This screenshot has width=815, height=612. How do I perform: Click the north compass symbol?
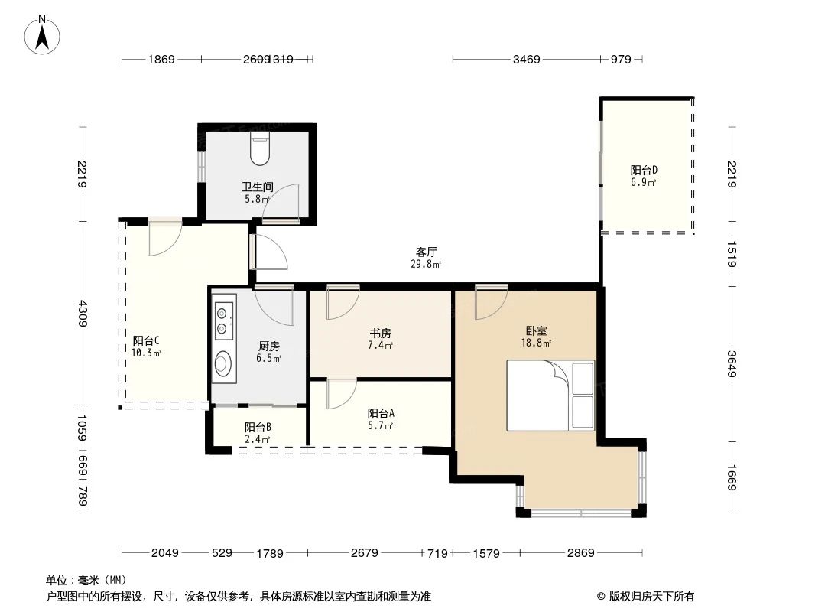(43, 34)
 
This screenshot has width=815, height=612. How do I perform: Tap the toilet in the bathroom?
(260, 148)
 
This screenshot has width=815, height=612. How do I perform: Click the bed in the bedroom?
(550, 396)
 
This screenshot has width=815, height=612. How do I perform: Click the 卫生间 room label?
(258, 187)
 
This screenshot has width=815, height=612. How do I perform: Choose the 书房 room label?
(381, 333)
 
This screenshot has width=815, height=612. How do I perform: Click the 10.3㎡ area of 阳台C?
(145, 353)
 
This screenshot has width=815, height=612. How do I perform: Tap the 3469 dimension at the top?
(527, 59)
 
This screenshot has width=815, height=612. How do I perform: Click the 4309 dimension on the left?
(83, 314)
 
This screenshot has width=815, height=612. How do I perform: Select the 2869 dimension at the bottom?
(580, 553)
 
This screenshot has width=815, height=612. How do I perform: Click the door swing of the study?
(341, 302)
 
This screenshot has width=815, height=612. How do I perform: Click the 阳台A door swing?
(340, 394)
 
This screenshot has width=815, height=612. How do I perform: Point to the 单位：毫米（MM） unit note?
(86, 580)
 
